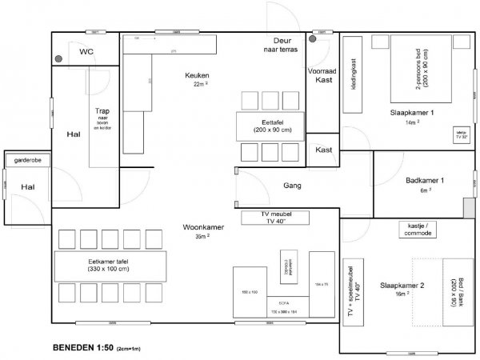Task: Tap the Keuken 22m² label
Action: [197, 78]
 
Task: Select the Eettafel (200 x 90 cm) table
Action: [268, 126]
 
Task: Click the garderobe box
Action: [26, 161]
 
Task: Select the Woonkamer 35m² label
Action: [202, 232]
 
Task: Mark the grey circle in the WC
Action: [59, 58]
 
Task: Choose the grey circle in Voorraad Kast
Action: [313, 38]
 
